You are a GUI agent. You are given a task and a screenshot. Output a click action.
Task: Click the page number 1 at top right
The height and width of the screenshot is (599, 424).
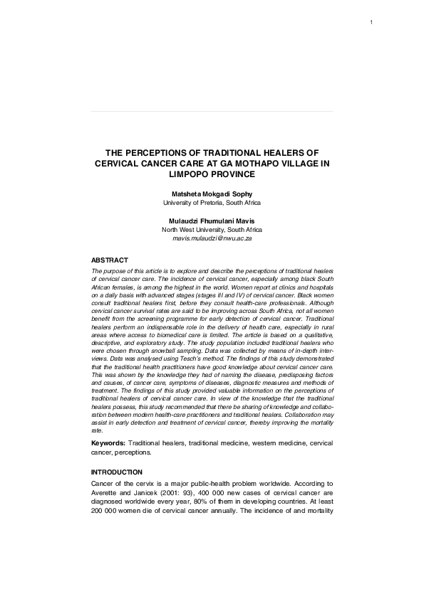click(x=372, y=23)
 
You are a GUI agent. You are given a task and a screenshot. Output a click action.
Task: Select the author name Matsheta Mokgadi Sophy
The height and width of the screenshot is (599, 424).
click(x=212, y=194)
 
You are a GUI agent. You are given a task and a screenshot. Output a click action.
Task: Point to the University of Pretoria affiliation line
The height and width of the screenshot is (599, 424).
click(x=212, y=203)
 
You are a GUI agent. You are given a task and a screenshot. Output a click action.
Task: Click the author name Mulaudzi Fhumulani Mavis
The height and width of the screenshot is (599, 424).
click(x=212, y=221)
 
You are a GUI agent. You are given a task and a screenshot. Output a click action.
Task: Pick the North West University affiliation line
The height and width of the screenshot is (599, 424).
click(x=212, y=230)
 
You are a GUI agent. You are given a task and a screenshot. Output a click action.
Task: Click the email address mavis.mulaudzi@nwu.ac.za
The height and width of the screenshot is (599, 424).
click(x=212, y=239)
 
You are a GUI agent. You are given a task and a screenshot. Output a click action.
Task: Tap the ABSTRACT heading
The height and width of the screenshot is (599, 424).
click(x=110, y=260)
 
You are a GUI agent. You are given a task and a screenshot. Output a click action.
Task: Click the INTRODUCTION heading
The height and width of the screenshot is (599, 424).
click(x=117, y=472)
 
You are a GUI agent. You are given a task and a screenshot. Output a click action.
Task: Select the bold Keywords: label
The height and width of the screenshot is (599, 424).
click(x=108, y=442)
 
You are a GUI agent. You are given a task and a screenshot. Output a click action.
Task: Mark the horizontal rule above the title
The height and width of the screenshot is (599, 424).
click(x=212, y=112)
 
